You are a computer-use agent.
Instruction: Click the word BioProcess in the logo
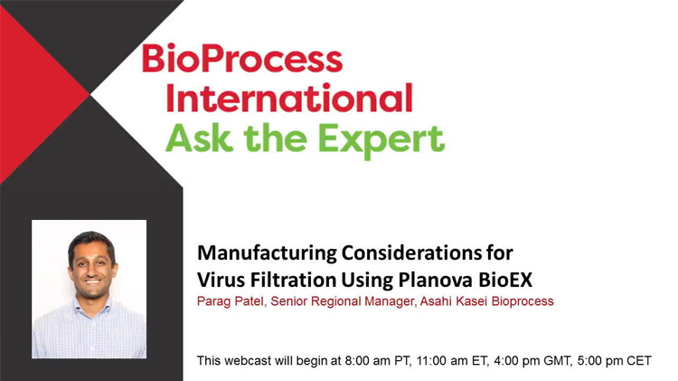(242, 59)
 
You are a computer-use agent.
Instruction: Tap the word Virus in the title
(221, 275)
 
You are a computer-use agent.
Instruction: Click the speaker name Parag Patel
(230, 300)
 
